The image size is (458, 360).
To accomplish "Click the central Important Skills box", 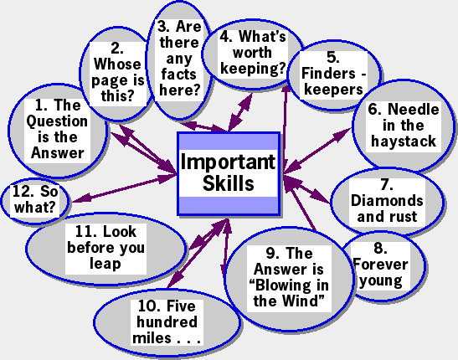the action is point(229,174).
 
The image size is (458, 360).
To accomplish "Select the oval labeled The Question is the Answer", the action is point(58,131).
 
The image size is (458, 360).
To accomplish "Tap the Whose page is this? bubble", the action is point(117,74).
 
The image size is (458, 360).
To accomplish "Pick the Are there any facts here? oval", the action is point(179,59).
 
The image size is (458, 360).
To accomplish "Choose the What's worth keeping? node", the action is point(252,54).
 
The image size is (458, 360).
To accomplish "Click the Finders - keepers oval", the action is point(334,75).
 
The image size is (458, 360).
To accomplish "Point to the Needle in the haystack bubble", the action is point(404,126).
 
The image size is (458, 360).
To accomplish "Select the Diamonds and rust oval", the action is point(388,201).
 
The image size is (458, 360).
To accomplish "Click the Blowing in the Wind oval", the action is point(289,279).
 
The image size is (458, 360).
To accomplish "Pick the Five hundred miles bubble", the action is point(167,322).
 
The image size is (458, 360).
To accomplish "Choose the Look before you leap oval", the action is point(105,248).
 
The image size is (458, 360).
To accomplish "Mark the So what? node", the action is point(35,201).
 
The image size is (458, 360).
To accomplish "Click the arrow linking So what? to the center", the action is point(124,188).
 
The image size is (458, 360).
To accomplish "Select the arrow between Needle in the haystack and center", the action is point(317,151).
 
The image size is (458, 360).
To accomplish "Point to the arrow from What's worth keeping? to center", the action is point(240,112).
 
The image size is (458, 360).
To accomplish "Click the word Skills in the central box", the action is point(229,184).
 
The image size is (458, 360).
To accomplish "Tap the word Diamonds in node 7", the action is point(387,201).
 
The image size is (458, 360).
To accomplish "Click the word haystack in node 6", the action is point(404,141).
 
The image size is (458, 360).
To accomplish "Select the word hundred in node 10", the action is point(167,322).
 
